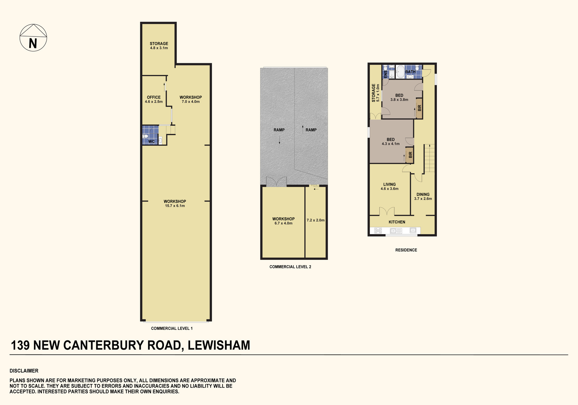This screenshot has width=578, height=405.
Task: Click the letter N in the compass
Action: [33, 43]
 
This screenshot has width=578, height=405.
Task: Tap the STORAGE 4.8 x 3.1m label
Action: [159, 46]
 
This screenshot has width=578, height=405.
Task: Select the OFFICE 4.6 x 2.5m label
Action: [154, 99]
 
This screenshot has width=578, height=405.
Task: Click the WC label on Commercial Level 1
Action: [151, 142]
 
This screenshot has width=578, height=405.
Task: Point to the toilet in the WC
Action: [145, 136]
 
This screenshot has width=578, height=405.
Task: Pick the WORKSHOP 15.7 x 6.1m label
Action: [175, 203]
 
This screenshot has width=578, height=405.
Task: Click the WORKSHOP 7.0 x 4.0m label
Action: [191, 99]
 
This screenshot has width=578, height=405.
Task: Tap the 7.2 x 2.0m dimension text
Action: [316, 220]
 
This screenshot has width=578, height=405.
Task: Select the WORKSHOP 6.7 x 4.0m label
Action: [283, 221]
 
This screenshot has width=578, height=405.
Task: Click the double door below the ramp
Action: [276, 181]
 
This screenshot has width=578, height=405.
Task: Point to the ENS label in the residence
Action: [385, 74]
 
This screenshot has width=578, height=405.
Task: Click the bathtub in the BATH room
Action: [400, 72]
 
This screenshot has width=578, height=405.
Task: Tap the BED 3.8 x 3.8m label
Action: [399, 97]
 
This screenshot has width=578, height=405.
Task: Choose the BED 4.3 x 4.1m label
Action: [391, 142]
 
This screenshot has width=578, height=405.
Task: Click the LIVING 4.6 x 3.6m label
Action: [389, 186]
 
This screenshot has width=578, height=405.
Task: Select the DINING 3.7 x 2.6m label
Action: [423, 197]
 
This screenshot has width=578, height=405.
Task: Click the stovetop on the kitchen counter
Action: [378, 230]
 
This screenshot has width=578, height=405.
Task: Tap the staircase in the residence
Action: [430, 158]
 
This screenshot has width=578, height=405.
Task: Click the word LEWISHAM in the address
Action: [219, 345]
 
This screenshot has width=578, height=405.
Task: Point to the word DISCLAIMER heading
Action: [24, 371]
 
